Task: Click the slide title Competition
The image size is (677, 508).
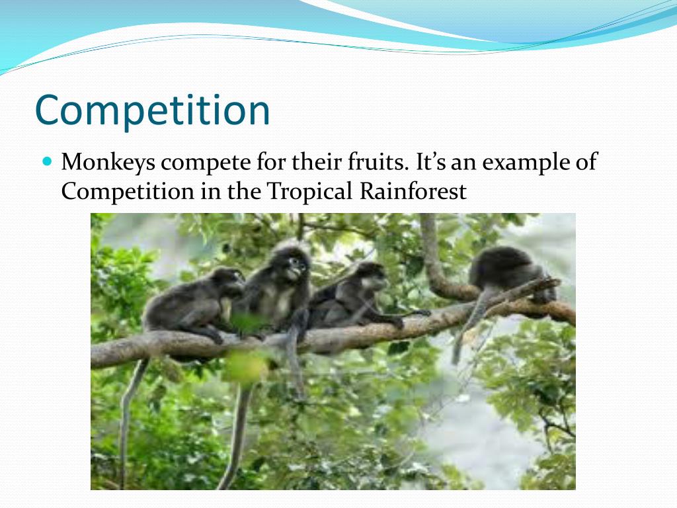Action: click(152, 111)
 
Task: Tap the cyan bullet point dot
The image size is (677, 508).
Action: click(46, 161)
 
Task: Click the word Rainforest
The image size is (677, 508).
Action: click(413, 192)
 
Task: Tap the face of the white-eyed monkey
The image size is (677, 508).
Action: click(296, 267)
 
